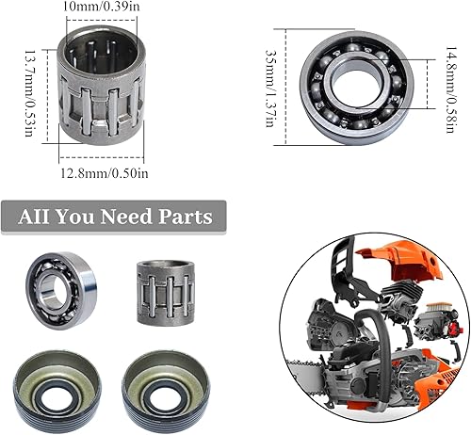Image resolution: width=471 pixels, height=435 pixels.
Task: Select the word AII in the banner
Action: [x=36, y=217]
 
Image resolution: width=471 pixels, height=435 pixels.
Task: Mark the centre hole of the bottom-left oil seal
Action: [x=62, y=388]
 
